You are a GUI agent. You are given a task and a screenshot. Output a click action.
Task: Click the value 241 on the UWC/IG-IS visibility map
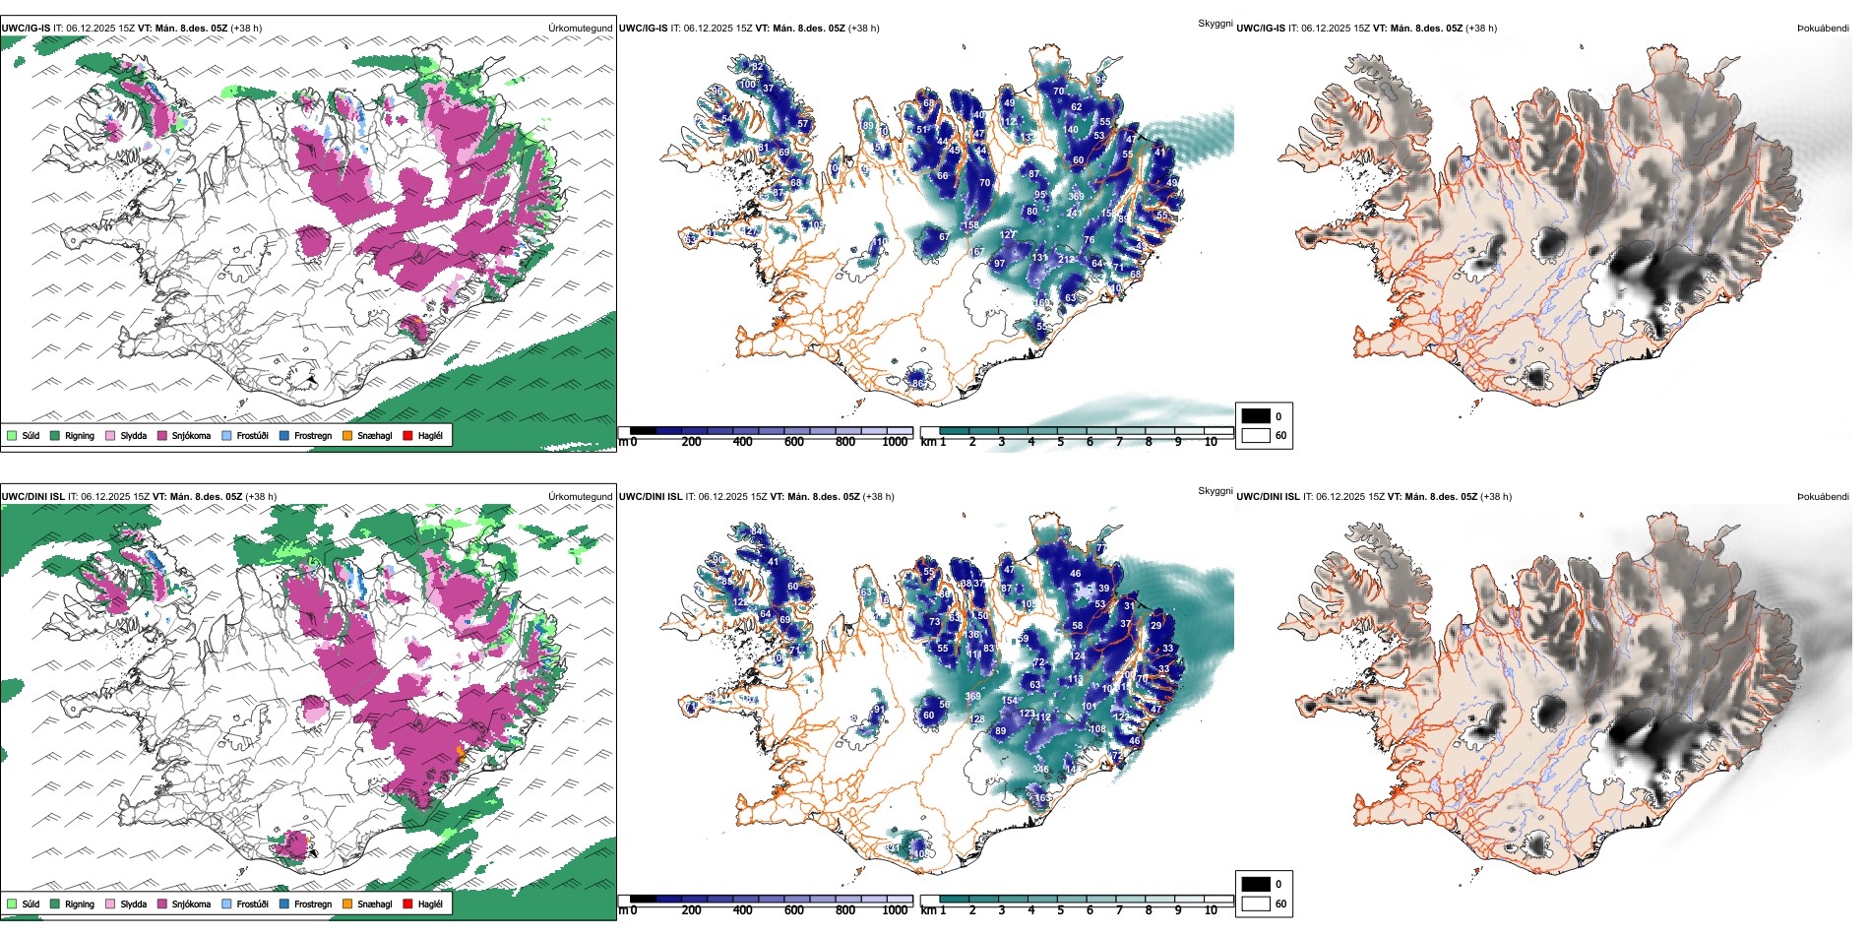point(1074,214)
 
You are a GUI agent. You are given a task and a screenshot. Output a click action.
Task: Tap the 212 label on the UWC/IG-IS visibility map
point(1066,260)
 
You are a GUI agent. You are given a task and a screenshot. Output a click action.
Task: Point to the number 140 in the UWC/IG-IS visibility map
point(1071,130)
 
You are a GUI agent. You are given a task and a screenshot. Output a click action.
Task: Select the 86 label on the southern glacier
point(918,384)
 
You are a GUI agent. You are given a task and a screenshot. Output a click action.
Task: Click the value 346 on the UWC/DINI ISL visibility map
point(1040,770)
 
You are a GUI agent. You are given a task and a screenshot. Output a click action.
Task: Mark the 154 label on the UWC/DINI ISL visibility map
point(1010,701)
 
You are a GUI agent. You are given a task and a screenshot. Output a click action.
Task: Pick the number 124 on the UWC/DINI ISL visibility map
point(1078,655)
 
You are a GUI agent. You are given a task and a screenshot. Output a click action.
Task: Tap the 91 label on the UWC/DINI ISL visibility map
point(879,709)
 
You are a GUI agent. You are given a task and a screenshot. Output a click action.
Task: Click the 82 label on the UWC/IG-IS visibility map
point(758,67)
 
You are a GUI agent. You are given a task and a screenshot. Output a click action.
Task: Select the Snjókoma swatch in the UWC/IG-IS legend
point(162,435)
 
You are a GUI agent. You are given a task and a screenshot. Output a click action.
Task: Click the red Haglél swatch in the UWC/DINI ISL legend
point(408,904)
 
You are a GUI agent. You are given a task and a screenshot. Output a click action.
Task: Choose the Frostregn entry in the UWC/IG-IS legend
point(284,435)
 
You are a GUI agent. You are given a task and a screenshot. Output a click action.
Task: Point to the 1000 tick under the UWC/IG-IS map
point(895,442)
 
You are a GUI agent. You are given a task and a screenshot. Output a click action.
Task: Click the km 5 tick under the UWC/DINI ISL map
point(1061,910)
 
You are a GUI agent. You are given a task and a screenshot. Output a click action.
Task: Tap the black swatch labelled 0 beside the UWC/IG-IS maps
point(1256,416)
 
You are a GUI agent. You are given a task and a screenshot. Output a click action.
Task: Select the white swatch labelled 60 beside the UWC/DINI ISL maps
point(1256,904)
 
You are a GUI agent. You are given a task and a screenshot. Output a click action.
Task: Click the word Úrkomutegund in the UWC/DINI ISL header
point(581,496)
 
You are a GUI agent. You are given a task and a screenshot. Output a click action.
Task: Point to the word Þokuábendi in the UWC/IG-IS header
point(1823,29)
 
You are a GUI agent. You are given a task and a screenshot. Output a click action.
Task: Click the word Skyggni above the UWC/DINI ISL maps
point(1215,490)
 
